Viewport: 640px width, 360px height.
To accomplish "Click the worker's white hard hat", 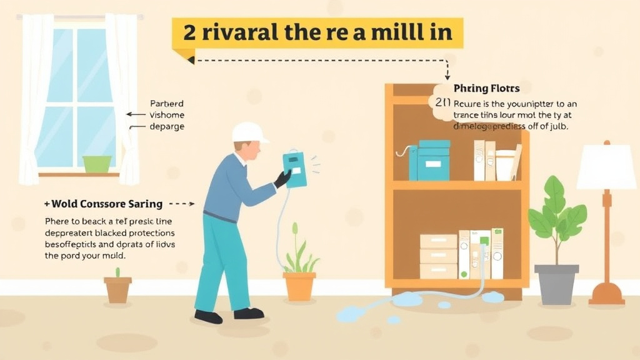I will click(248, 132).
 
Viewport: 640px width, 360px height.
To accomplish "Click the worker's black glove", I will click(282, 179).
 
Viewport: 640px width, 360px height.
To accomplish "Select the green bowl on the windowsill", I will click(97, 164).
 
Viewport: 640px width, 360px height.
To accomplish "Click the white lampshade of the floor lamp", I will click(606, 167).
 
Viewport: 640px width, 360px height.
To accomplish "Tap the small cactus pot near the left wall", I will click(117, 289).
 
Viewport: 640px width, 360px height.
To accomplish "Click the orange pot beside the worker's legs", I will click(299, 285).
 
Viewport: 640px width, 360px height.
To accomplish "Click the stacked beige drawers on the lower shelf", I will click(438, 256).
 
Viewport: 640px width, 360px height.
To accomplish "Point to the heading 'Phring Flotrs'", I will click(486, 89).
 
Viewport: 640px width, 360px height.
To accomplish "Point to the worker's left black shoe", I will click(207, 316).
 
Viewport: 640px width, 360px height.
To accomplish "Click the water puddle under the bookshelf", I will click(406, 300).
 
